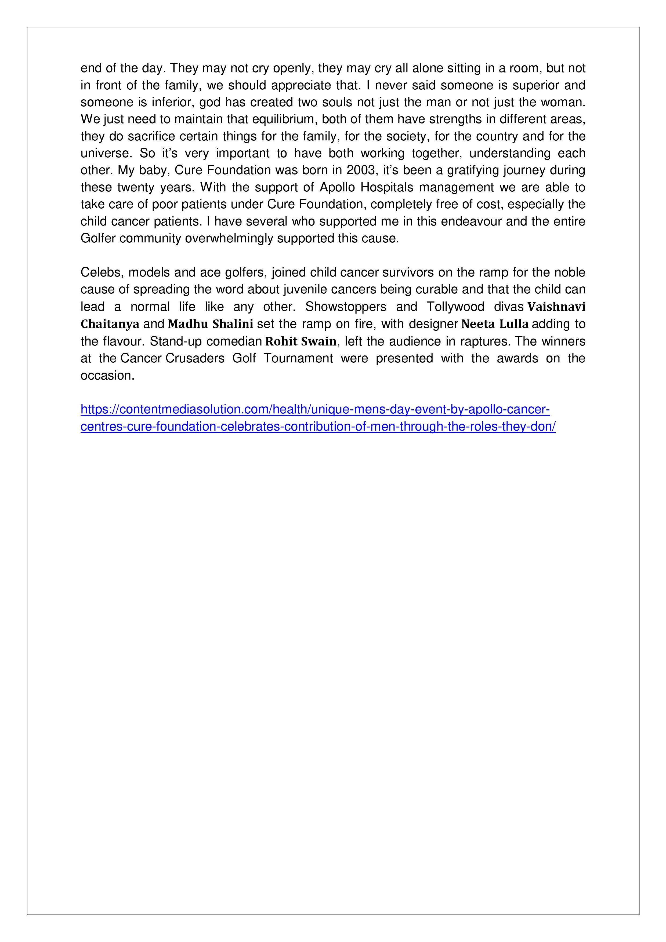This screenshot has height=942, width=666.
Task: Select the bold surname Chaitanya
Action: (x=110, y=324)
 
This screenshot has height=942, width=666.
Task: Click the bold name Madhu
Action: (x=188, y=324)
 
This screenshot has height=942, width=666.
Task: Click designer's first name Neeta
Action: (x=477, y=324)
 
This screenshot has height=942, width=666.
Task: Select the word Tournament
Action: (x=298, y=359)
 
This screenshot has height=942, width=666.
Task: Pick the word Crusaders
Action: (x=195, y=359)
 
